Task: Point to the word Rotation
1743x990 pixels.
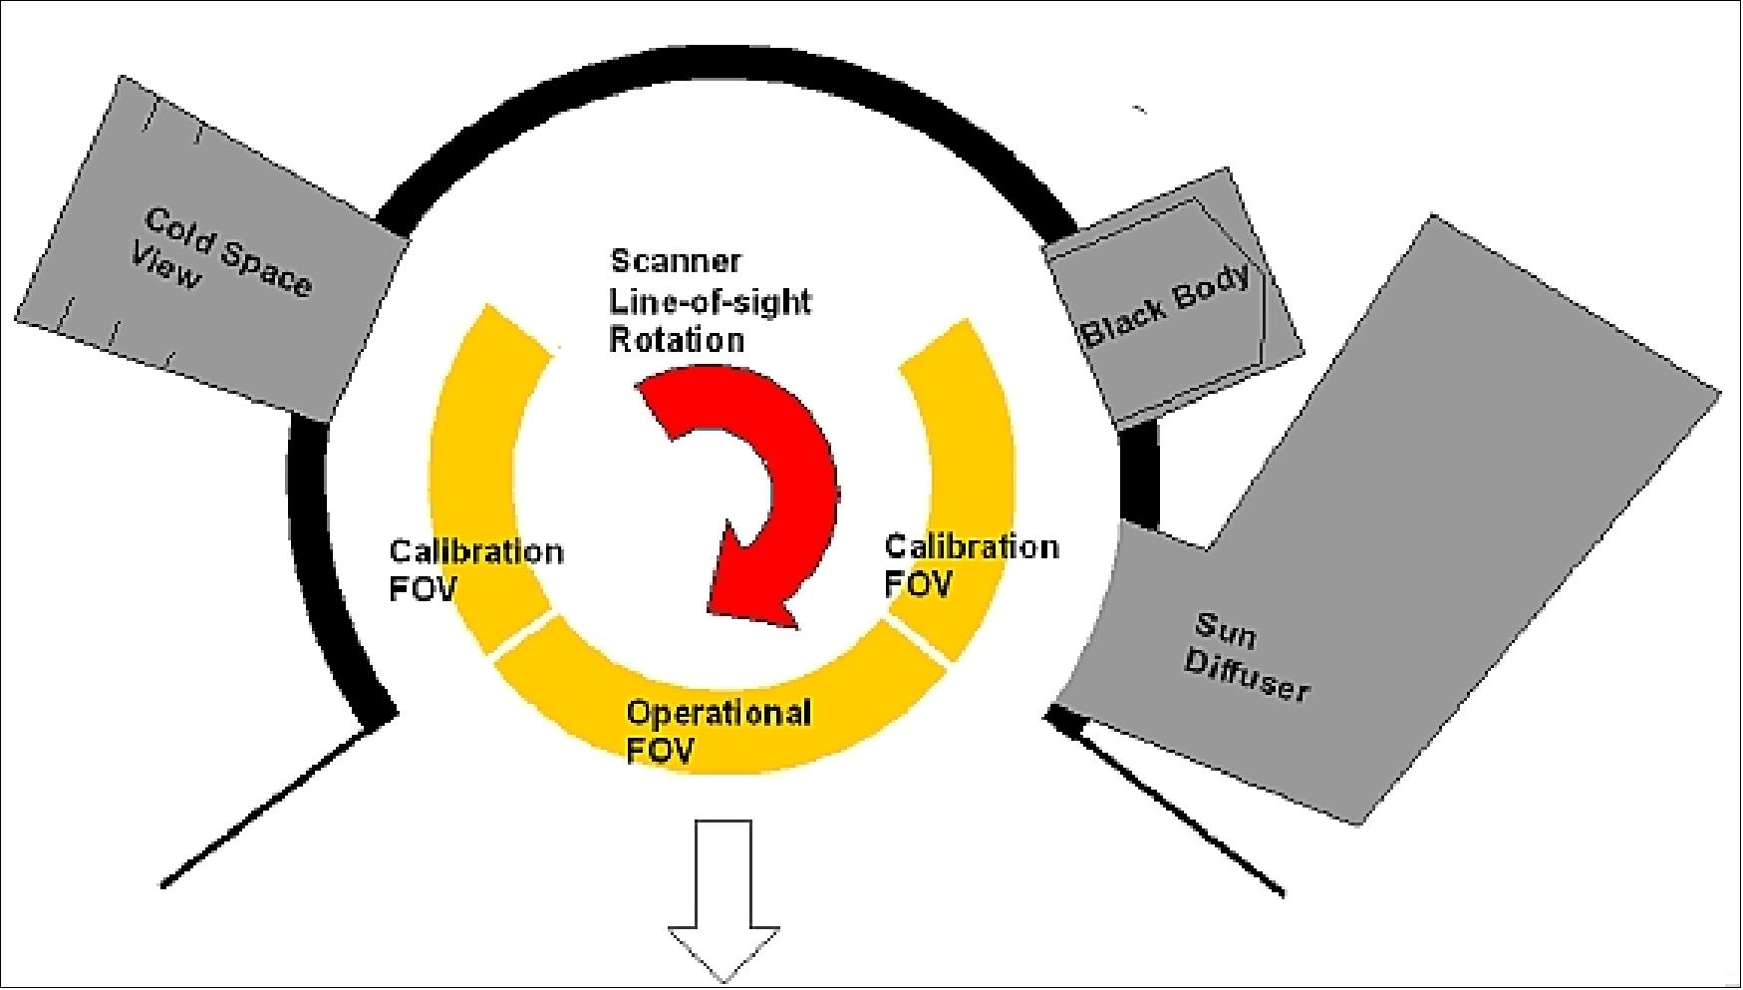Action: [677, 340]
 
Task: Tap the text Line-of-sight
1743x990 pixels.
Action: [710, 301]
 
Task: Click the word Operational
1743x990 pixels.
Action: [718, 713]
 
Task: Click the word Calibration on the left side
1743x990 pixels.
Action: [475, 551]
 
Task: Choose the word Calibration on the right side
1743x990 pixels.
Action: [971, 546]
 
